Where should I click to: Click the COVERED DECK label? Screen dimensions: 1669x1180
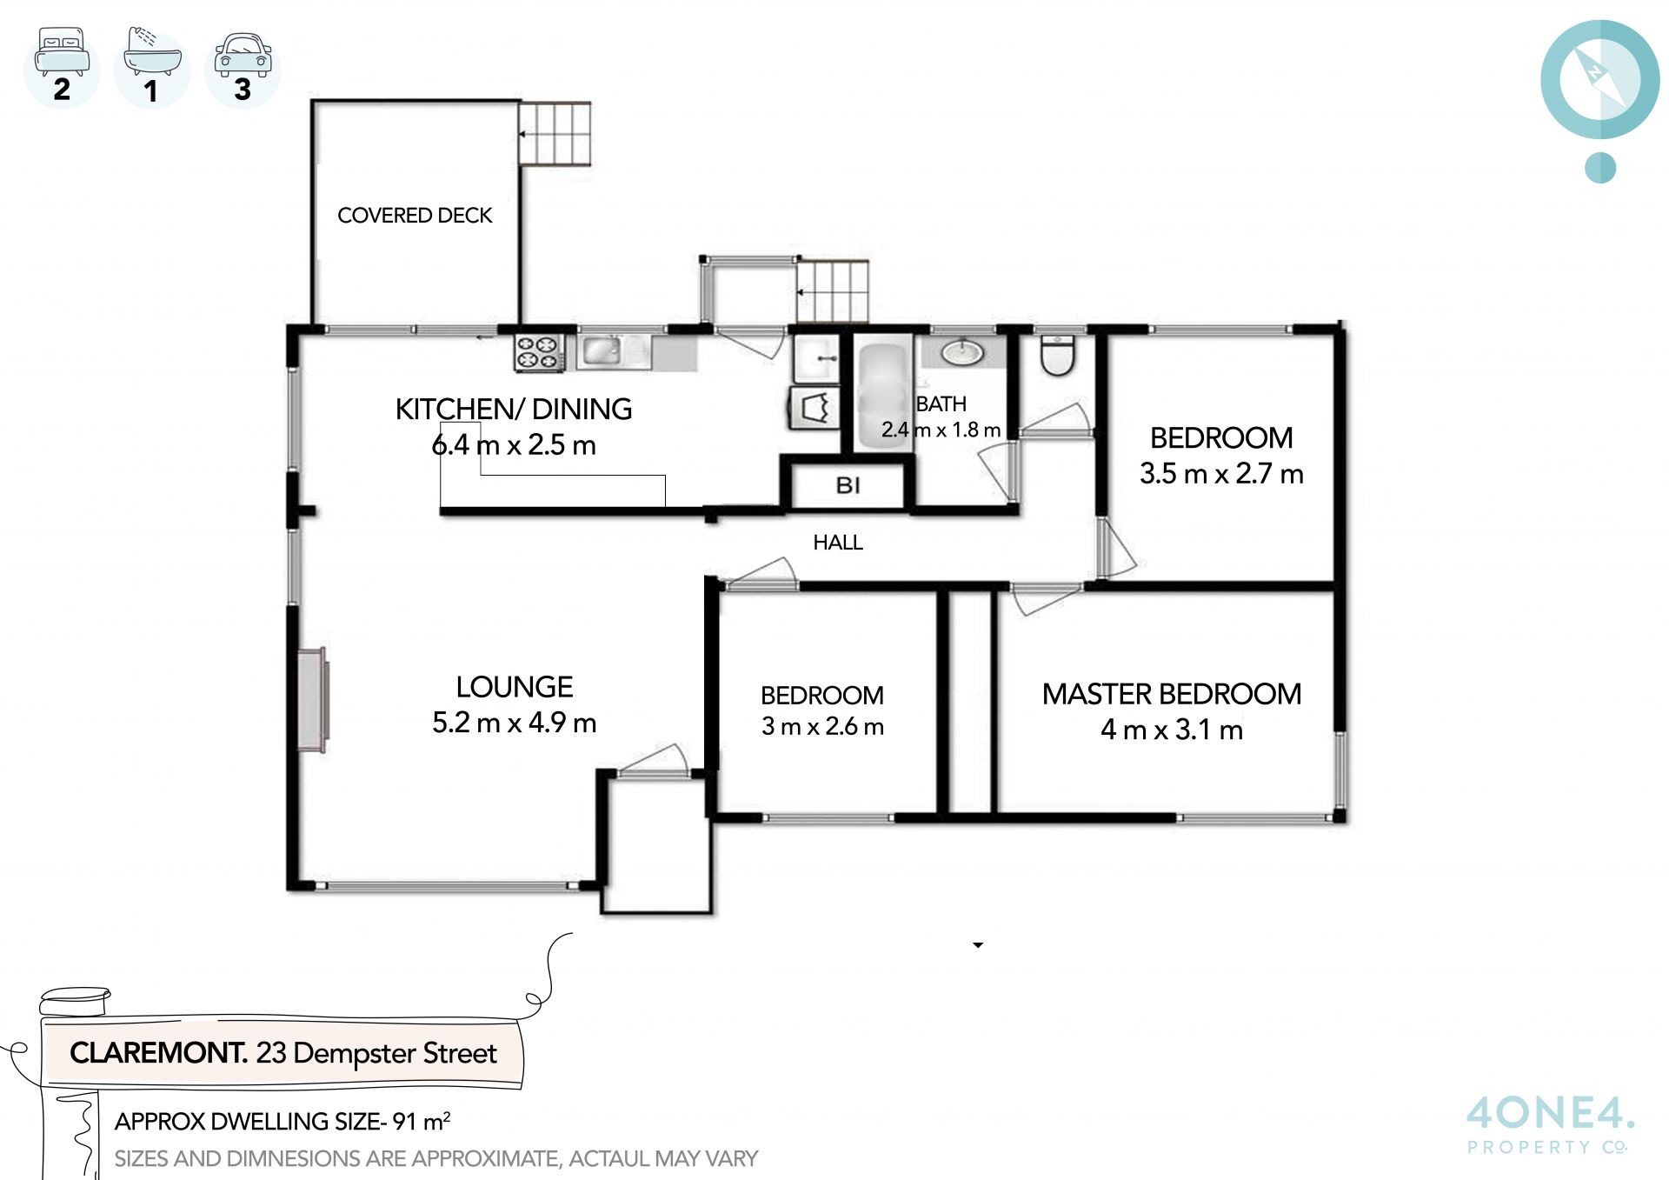(x=415, y=215)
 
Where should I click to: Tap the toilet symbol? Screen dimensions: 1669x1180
(x=1057, y=355)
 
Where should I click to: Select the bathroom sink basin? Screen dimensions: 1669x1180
(x=962, y=352)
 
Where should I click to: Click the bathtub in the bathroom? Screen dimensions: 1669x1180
(x=883, y=396)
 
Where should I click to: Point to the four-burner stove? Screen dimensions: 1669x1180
(x=538, y=353)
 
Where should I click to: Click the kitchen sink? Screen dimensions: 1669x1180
(x=601, y=351)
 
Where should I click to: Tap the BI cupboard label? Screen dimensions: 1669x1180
(x=848, y=485)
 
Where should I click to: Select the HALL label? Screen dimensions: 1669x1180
(x=838, y=543)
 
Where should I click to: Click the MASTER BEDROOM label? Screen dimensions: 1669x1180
(x=1172, y=694)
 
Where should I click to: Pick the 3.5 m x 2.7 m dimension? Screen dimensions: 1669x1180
(x=1221, y=474)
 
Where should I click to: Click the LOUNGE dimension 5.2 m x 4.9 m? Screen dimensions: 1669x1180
(x=514, y=723)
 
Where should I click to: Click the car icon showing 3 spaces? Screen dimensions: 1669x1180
(x=243, y=56)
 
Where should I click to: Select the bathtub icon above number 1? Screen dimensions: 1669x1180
(x=152, y=52)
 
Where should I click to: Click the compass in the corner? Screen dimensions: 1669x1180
(x=1600, y=80)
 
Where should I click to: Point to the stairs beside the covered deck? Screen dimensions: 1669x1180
(x=555, y=133)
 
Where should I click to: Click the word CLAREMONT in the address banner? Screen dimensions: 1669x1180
(x=159, y=1053)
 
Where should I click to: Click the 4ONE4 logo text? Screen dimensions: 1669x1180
(x=1550, y=1113)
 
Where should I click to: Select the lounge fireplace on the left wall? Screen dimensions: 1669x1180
(x=312, y=699)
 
